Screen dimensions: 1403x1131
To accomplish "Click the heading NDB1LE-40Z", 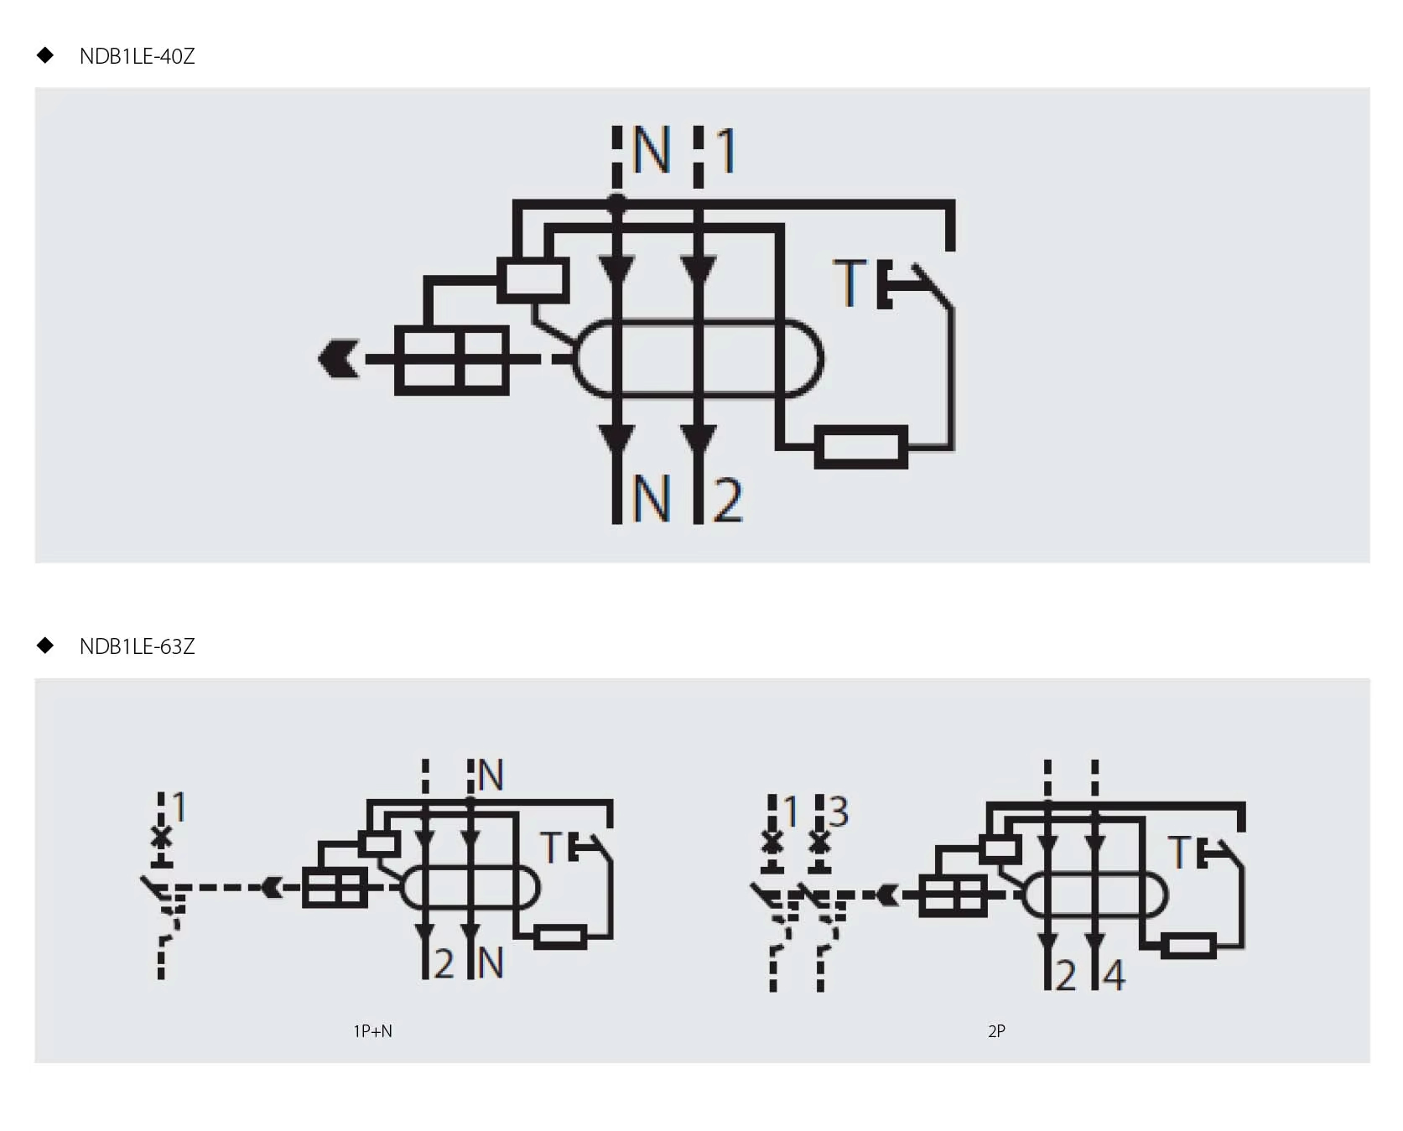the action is click(137, 56).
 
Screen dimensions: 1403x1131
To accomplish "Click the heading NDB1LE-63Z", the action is click(137, 646).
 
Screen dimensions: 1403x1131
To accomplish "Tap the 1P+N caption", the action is click(372, 1031).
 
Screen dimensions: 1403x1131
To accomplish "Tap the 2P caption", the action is click(996, 1031).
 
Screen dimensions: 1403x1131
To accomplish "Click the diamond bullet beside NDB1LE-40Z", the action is click(45, 55).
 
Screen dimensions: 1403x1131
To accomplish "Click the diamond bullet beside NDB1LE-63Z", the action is click(45, 646).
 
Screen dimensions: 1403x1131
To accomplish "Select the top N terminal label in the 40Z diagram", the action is click(652, 150).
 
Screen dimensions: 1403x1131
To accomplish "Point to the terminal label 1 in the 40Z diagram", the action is click(726, 150).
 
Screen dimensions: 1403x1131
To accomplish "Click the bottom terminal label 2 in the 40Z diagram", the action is click(728, 500).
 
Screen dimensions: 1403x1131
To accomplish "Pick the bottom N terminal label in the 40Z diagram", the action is click(652, 499).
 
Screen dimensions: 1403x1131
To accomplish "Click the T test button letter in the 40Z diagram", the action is click(850, 283).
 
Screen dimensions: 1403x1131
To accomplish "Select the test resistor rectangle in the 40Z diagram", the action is click(861, 447).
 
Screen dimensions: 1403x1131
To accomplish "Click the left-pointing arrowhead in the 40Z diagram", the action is click(339, 359).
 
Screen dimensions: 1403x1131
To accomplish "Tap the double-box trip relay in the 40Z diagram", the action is click(452, 360).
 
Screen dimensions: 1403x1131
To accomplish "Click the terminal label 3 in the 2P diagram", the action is click(839, 812).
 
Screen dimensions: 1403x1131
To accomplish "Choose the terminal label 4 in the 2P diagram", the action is click(1114, 975).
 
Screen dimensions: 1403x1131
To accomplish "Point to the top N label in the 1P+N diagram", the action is click(491, 776).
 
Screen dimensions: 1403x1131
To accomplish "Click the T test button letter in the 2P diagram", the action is click(1179, 852).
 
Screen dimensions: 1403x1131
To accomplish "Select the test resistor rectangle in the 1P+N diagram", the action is click(560, 936).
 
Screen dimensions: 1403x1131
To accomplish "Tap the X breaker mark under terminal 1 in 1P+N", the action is click(161, 837).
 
